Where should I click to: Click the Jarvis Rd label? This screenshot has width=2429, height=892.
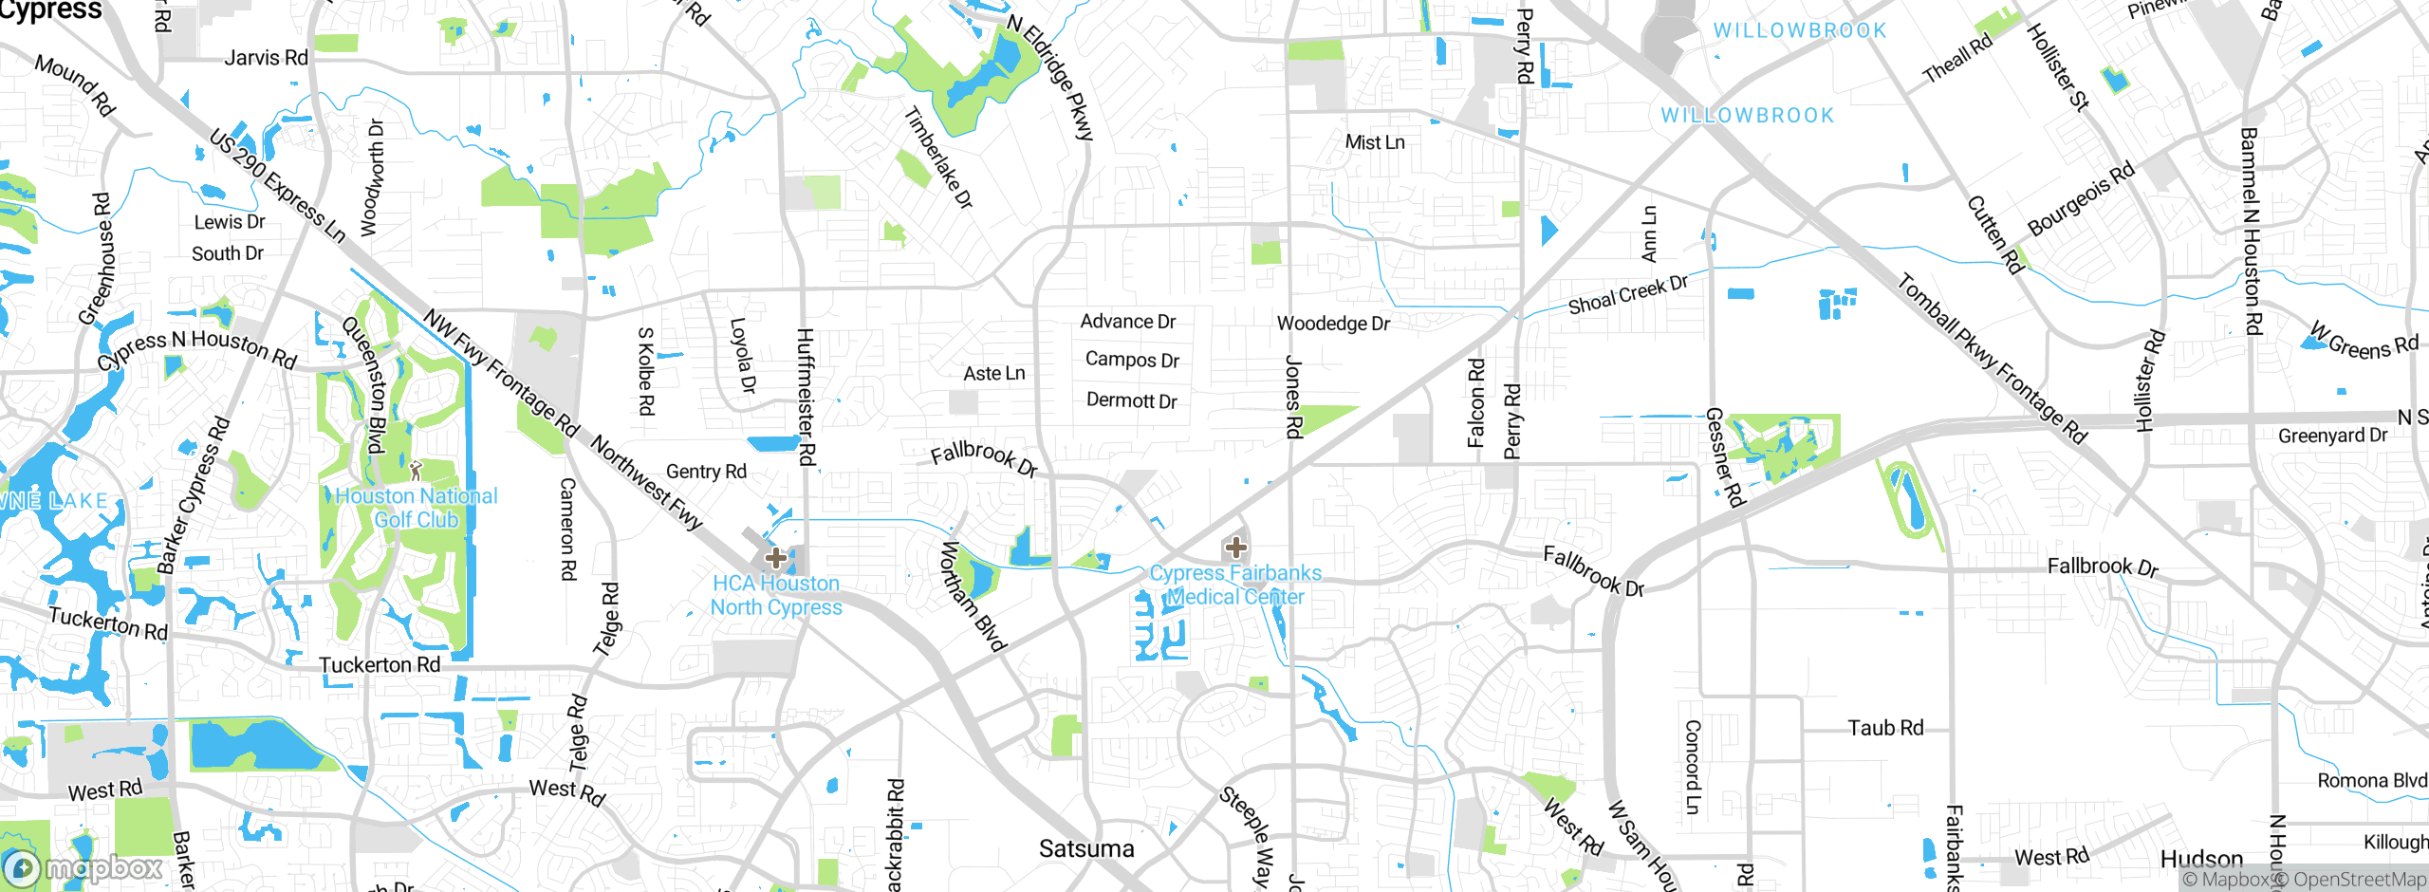pos(266,58)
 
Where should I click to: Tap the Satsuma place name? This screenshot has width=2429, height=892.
pos(1086,848)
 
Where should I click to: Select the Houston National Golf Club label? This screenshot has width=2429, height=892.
pos(417,508)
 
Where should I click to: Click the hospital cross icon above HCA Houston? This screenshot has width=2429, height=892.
pos(775,557)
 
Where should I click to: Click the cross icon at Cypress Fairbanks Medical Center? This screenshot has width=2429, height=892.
pos(1235,548)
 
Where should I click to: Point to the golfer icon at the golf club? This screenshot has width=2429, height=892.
pos(415,470)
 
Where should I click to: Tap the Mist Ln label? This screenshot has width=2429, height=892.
pos(1374,142)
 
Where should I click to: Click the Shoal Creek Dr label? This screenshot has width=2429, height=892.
pos(1627,295)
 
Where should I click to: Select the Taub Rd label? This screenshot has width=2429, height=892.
pos(1885,728)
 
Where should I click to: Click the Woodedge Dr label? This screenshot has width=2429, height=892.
pos(1333,324)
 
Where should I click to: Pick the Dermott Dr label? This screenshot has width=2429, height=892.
pos(1131,400)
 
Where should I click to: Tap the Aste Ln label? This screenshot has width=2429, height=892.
pos(993,374)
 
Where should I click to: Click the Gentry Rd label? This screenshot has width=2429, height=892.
pos(706,472)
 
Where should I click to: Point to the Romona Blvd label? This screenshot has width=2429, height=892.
pos(2371,780)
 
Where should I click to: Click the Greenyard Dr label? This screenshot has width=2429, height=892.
pos(2332,436)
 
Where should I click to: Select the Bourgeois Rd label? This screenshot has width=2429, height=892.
pos(2080,198)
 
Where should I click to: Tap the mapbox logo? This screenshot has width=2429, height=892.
pos(83,867)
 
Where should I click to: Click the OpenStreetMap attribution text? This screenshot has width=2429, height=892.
pos(2349,880)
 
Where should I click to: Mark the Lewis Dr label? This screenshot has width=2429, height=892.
pos(229,222)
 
